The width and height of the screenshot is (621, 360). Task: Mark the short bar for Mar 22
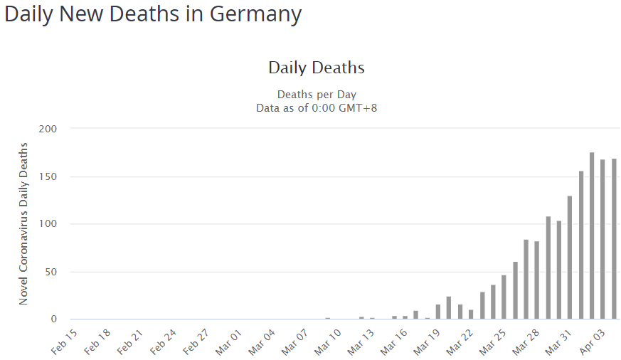pyautogui.click(x=471, y=314)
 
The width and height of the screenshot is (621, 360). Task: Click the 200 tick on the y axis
pyautogui.click(x=48, y=129)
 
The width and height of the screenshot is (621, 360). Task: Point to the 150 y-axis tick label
pyautogui.click(x=48, y=176)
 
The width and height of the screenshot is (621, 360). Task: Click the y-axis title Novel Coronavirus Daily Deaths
pyautogui.click(x=23, y=223)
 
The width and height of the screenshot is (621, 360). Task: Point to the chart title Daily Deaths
pyautogui.click(x=317, y=68)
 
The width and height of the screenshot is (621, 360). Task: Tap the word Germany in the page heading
pyautogui.click(x=255, y=14)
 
